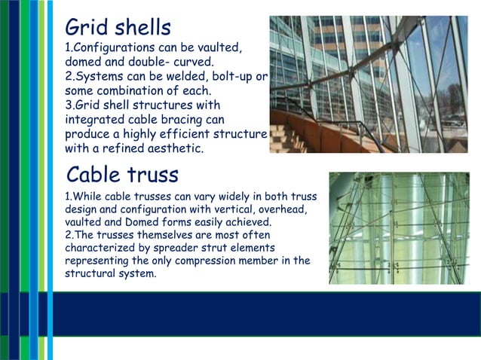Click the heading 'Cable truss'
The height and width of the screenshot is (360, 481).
[122, 175]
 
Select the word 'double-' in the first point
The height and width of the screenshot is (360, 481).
[155, 63]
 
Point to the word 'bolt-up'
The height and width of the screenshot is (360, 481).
[231, 77]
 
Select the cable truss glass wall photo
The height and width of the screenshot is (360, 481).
[399, 228]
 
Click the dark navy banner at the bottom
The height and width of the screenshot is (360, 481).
[264, 313]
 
